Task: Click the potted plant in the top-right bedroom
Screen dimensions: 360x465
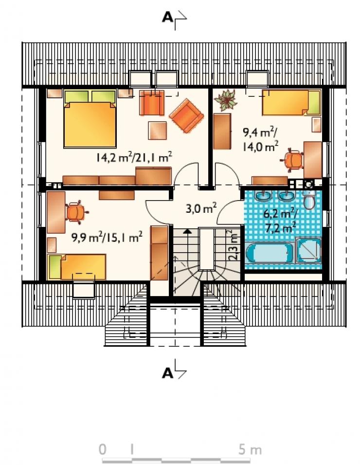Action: pos(226,100)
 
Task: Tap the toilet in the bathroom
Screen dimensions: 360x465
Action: pos(309,199)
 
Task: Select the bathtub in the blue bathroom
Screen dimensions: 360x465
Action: pos(269,253)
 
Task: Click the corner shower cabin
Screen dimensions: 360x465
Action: pos(308,250)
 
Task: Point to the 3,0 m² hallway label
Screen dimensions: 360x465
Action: pos(201,208)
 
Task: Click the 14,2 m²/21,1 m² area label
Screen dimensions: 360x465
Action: pos(134,157)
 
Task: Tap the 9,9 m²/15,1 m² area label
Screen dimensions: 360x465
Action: pos(107,238)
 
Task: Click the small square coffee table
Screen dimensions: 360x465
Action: pos(157,130)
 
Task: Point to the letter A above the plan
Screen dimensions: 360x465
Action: pos(167,18)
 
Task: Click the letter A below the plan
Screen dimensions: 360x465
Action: pos(167,373)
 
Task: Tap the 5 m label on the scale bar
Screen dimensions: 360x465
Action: pos(250,449)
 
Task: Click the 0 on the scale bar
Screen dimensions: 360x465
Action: pos(102,449)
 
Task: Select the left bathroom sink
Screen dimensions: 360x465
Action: pos(263,195)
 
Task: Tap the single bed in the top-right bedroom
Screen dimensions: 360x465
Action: pos(291,102)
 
